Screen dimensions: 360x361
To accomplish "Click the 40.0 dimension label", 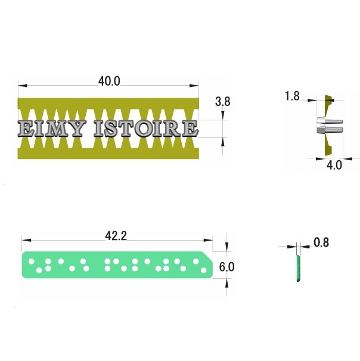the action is pyautogui.click(x=109, y=81).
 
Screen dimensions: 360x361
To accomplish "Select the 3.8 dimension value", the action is pyautogui.click(x=222, y=101).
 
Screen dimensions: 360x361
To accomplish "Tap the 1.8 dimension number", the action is pyautogui.click(x=292, y=96).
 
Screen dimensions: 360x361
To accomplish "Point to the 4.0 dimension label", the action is pyautogui.click(x=334, y=165).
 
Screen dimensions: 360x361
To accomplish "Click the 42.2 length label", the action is pyautogui.click(x=116, y=236).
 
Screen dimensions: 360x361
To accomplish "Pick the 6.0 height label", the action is pyautogui.click(x=226, y=267).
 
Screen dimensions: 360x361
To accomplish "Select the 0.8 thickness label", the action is pyautogui.click(x=321, y=242).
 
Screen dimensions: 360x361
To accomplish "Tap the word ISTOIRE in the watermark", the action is pyautogui.click(x=146, y=128).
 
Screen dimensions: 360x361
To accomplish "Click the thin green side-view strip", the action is pyautogui.click(x=298, y=269).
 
